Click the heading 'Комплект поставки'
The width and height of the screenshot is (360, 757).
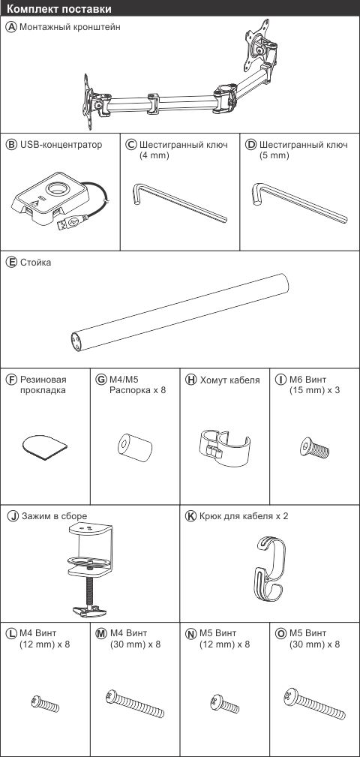(x=60, y=9)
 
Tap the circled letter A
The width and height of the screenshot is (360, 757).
(x=11, y=27)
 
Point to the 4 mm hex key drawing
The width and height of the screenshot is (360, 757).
(x=178, y=203)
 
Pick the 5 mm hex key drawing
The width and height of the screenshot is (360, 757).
(x=299, y=202)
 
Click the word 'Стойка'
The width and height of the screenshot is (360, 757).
(x=35, y=263)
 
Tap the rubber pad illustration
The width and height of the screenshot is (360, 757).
(x=44, y=446)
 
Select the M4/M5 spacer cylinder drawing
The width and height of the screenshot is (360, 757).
(x=135, y=447)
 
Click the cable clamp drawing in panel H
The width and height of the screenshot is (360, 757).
(x=224, y=449)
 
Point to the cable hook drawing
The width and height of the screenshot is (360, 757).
(x=271, y=571)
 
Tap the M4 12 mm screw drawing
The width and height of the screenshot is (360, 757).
(x=45, y=704)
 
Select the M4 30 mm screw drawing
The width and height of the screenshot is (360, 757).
(x=135, y=704)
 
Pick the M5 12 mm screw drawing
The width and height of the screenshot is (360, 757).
(x=224, y=704)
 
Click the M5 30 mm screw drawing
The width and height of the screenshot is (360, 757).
(x=314, y=704)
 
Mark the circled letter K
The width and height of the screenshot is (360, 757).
(x=191, y=516)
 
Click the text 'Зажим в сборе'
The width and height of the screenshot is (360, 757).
(x=54, y=516)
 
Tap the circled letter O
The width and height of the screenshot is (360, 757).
(x=280, y=633)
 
